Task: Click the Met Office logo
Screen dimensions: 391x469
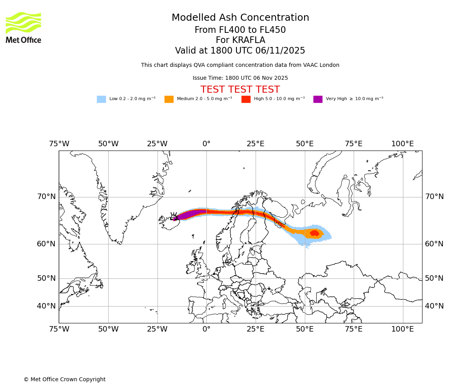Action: [x=23, y=27]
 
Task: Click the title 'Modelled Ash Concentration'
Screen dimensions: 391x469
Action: [x=240, y=18]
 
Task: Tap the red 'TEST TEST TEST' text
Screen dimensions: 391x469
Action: [x=240, y=90]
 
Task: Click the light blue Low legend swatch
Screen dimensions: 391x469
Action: [x=101, y=99]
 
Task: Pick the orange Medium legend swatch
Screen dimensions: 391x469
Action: [x=169, y=99]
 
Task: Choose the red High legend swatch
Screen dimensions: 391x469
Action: [x=246, y=99]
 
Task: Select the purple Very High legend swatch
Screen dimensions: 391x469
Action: [x=318, y=99]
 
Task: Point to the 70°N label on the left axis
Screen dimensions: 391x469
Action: [x=47, y=197]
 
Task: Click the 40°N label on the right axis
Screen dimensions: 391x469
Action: [x=434, y=306]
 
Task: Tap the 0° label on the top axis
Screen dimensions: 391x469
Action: [x=206, y=144]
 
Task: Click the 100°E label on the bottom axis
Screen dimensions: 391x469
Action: [x=403, y=329]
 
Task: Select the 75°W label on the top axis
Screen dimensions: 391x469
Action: [x=59, y=144]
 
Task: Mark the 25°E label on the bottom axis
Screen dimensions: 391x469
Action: [x=256, y=329]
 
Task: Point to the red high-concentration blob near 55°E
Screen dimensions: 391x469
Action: [x=314, y=233]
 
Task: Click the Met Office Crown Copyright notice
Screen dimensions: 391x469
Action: [x=64, y=379]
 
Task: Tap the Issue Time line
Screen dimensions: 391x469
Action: [x=240, y=78]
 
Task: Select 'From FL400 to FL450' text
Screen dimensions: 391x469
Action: [x=240, y=30]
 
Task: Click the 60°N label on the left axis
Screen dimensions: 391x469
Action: [x=47, y=244]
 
